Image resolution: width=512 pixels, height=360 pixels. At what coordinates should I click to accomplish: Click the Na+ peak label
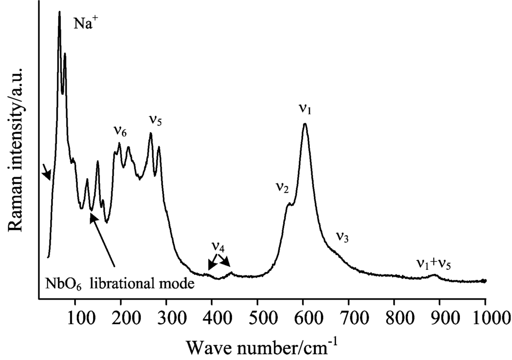[x=83, y=25]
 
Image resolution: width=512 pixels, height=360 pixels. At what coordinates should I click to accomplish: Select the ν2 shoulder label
[x=282, y=188]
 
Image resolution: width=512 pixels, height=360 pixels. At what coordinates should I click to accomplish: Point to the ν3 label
[x=343, y=237]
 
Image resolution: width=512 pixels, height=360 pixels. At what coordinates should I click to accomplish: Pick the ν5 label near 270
[x=156, y=120]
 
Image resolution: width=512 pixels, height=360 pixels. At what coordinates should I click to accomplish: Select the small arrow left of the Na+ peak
[x=47, y=173]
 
